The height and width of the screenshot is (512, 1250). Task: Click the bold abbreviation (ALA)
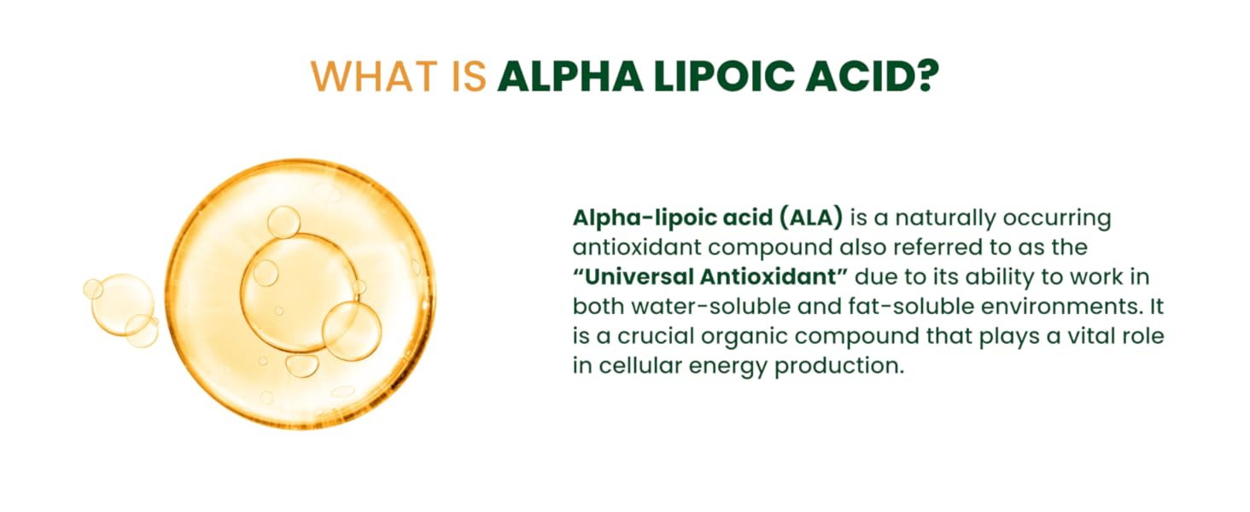click(x=811, y=218)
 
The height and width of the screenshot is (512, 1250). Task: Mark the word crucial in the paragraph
click(x=646, y=336)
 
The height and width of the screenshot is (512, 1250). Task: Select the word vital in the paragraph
click(x=1083, y=336)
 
